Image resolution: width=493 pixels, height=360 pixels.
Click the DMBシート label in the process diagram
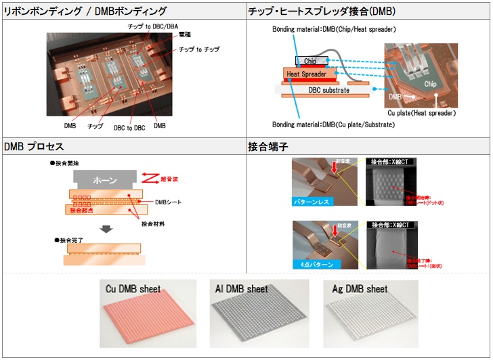[x=169, y=202]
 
